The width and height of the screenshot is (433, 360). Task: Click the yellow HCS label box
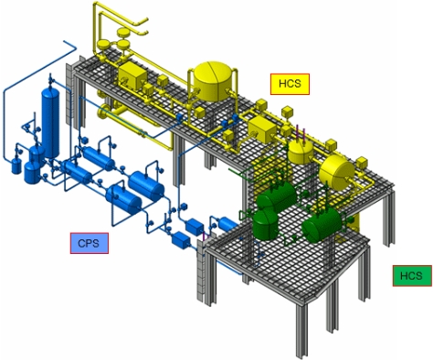[291, 83]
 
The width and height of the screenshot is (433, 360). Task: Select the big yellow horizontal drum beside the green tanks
[335, 169]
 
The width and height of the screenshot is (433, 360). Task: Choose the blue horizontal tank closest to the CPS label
[121, 194]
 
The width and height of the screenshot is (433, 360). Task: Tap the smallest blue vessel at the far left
[16, 165]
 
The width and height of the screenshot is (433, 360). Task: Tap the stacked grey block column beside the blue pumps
[195, 274]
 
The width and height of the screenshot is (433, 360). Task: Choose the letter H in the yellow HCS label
[282, 83]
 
